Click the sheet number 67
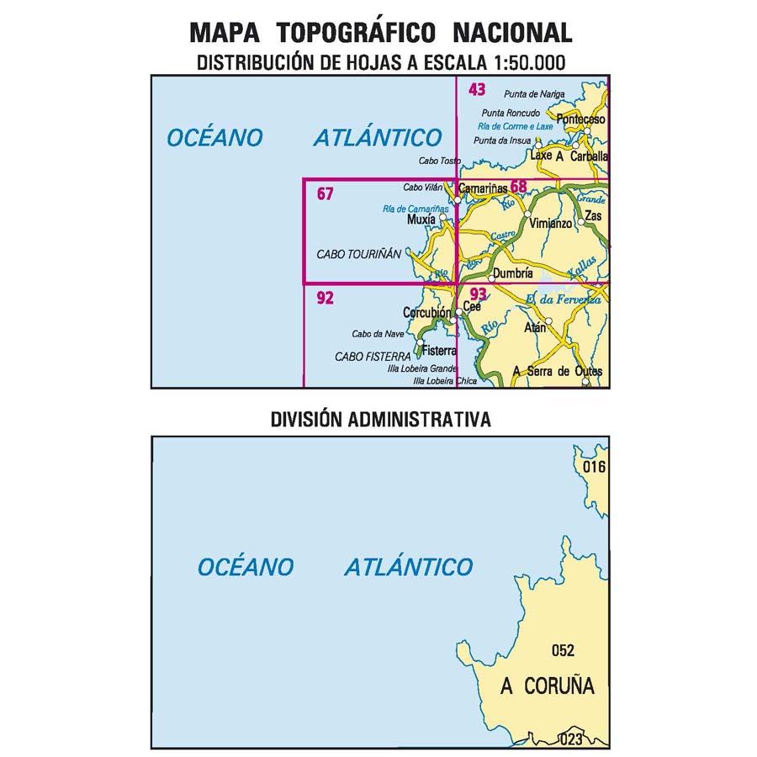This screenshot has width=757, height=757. (x=326, y=194)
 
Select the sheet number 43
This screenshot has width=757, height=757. (x=477, y=89)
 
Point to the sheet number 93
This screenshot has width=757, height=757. (x=479, y=294)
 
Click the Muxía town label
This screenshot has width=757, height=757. (x=421, y=220)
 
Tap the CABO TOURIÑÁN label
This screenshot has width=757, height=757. (x=359, y=253)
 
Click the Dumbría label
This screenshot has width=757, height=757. (x=515, y=273)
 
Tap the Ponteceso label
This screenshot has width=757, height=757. (x=580, y=119)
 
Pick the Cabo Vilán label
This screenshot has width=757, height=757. (x=424, y=187)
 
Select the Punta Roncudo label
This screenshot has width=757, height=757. (x=511, y=113)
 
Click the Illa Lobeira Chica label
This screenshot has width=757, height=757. (x=445, y=381)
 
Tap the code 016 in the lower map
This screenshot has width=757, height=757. (x=594, y=467)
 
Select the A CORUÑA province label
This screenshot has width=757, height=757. (x=547, y=686)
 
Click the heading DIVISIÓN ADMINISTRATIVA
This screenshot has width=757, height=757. (x=380, y=419)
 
